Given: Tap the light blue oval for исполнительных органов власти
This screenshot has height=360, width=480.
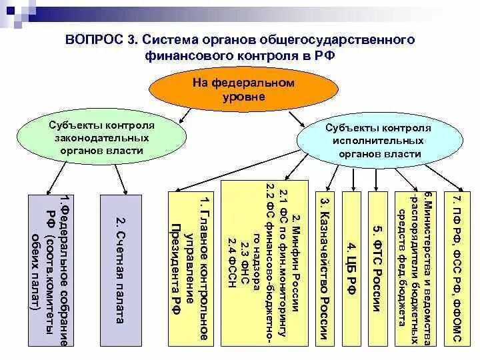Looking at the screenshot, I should point(378,141).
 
